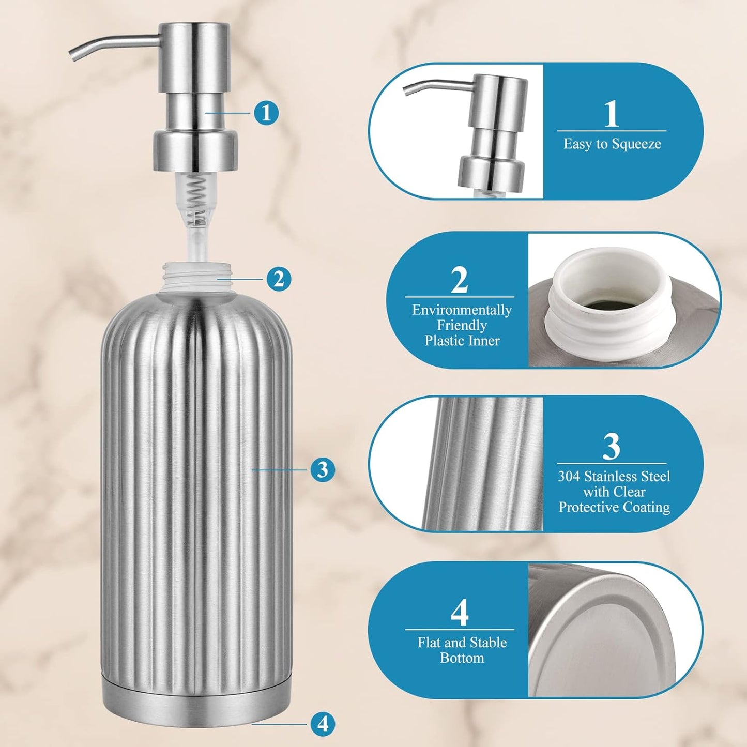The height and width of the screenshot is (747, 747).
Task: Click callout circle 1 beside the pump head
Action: coord(266,113)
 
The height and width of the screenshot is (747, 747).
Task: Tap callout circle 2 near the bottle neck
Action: coord(279,279)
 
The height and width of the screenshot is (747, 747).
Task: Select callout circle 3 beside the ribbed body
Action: coord(323,469)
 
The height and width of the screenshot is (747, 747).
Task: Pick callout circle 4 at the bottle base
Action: coord(323,724)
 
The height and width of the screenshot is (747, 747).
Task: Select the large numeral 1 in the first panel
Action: coord(611,113)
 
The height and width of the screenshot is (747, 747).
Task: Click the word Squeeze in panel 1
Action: coord(635,144)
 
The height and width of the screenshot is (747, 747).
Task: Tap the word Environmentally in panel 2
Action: coord(462,310)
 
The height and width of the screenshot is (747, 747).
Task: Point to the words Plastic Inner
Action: coord(462,341)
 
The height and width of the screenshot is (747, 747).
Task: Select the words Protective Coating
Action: coord(614,507)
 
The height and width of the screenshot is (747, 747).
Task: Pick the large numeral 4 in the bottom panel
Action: coord(460,612)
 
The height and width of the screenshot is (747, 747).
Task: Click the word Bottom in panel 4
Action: coord(462,658)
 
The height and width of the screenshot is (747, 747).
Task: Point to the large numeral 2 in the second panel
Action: coord(460,280)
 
